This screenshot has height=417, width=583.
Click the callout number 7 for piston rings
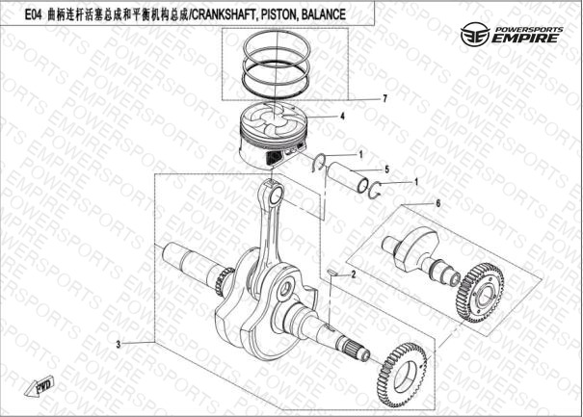[384, 98]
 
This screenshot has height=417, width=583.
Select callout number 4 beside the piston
[342, 117]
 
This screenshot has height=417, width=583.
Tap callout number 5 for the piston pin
[387, 169]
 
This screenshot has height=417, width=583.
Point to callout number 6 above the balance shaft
[438, 203]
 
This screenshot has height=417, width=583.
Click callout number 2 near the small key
[354, 274]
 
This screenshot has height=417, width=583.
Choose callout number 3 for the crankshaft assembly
[119, 345]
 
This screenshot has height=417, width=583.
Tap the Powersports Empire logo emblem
[475, 35]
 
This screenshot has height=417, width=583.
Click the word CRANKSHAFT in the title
[224, 14]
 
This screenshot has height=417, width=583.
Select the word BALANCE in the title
[323, 14]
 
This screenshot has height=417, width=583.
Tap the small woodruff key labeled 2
[331, 274]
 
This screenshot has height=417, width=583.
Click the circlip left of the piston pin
[319, 163]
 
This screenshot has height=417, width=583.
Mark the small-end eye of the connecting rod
[276, 195]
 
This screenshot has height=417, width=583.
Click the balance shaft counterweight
[418, 246]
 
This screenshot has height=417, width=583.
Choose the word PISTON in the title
[278, 14]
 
